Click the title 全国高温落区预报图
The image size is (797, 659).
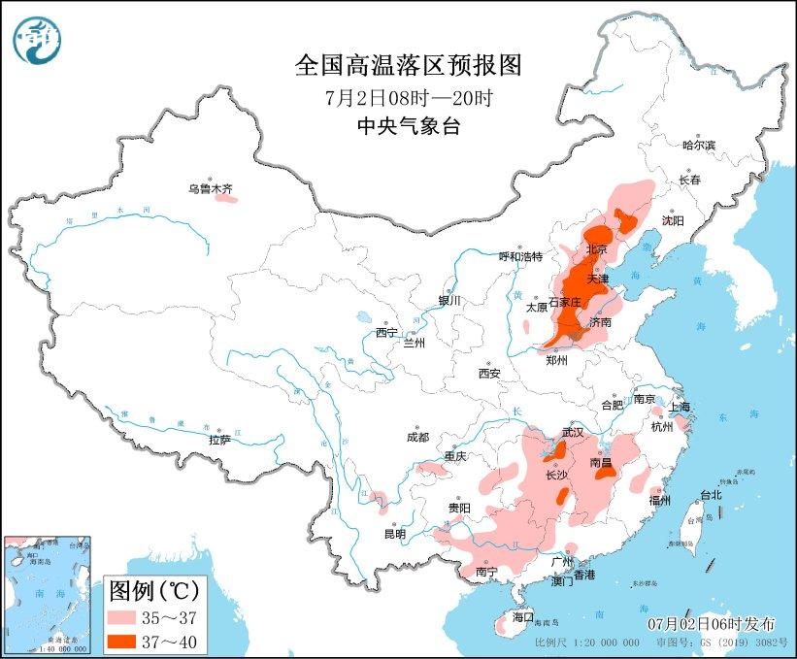pyautogui.click(x=408, y=65)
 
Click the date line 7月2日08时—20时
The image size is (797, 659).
pyautogui.click(x=408, y=97)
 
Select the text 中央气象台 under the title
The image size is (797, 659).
pyautogui.click(x=408, y=125)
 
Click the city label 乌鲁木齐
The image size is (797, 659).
pyautogui.click(x=211, y=189)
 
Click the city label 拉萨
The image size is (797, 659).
pyautogui.click(x=219, y=440)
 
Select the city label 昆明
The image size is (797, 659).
pyautogui.click(x=395, y=533)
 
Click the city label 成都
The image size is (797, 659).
pyautogui.click(x=418, y=437)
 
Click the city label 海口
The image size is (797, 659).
pyautogui.click(x=523, y=616)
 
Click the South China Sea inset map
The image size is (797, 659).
pyautogui.click(x=47, y=592)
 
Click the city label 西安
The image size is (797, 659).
pyautogui.click(x=488, y=373)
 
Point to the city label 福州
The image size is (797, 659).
pyautogui.click(x=661, y=500)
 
